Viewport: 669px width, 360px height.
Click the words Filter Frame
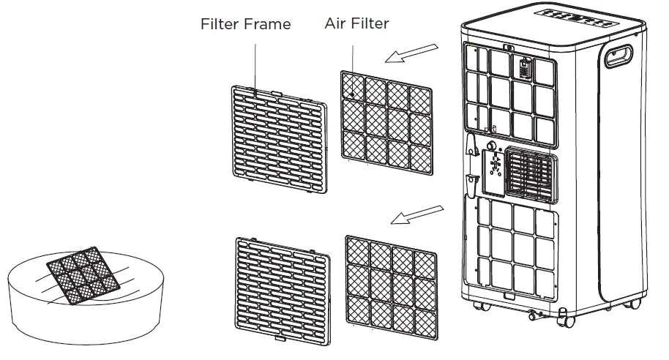245,24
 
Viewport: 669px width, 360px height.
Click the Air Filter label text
356,23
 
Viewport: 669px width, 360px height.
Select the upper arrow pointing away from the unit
416,53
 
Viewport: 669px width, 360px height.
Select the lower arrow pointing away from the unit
416,213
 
